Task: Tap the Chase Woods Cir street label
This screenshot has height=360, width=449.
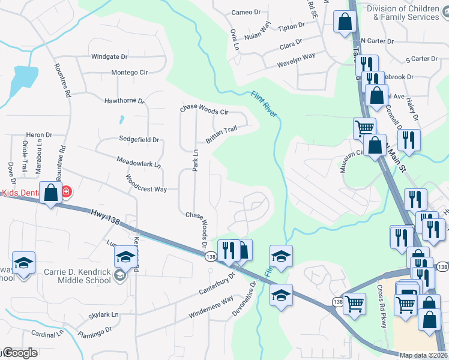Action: pyautogui.click(x=205, y=110)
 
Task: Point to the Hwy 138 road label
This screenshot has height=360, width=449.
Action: pyautogui.click(x=106, y=217)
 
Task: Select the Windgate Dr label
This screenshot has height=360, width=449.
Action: pyautogui.click(x=109, y=57)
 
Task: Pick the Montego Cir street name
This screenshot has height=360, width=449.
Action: pyautogui.click(x=129, y=73)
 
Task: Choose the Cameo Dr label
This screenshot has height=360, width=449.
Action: pyautogui.click(x=246, y=13)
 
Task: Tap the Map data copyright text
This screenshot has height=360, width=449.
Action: pyautogui.click(x=424, y=355)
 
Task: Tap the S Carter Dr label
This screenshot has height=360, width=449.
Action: pyautogui.click(x=421, y=59)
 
